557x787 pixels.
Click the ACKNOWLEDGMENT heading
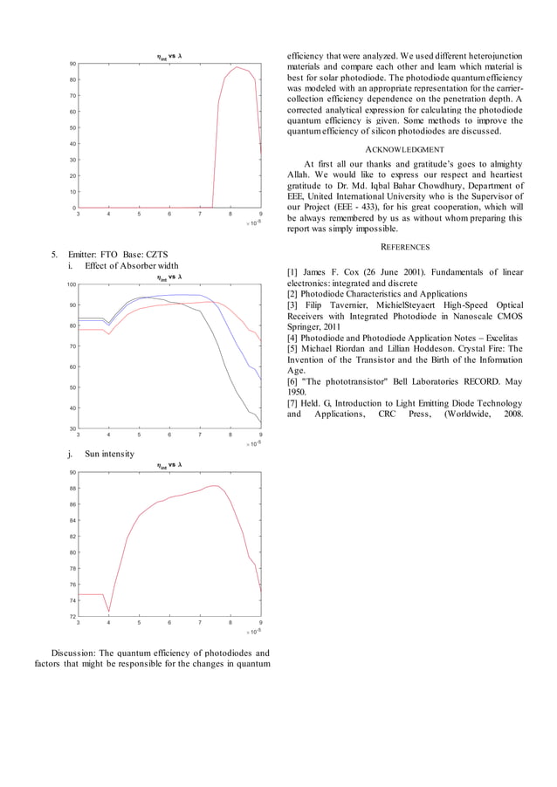click(406, 149)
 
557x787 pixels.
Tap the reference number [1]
click(293, 272)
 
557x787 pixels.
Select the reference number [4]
click(293, 337)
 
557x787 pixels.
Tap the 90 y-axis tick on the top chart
click(71, 65)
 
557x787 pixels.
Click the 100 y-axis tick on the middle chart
click(69, 285)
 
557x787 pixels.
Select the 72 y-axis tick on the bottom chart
click(71, 617)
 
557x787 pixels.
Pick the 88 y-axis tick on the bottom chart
click(71, 489)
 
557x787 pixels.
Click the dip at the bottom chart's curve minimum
click(109, 612)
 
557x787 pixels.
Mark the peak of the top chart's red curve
click(236, 66)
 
